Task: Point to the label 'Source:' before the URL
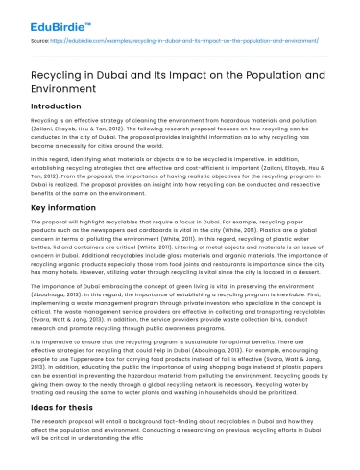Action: coord(40,43)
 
